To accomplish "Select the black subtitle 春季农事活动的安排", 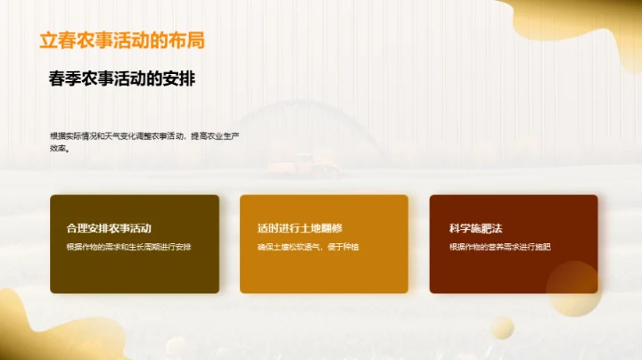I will pyautogui.click(x=122, y=78).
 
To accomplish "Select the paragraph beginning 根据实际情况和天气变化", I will pyautogui.click(x=144, y=141).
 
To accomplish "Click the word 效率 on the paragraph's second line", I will pyautogui.click(x=59, y=149).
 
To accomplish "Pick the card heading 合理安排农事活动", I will pyautogui.click(x=109, y=228).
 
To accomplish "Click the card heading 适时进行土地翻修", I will pyautogui.click(x=299, y=228).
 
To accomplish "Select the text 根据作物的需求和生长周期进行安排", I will pyautogui.click(x=128, y=247).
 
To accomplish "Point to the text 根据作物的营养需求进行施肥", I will pyautogui.click(x=499, y=247).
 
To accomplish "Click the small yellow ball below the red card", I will pyautogui.click(x=502, y=327).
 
